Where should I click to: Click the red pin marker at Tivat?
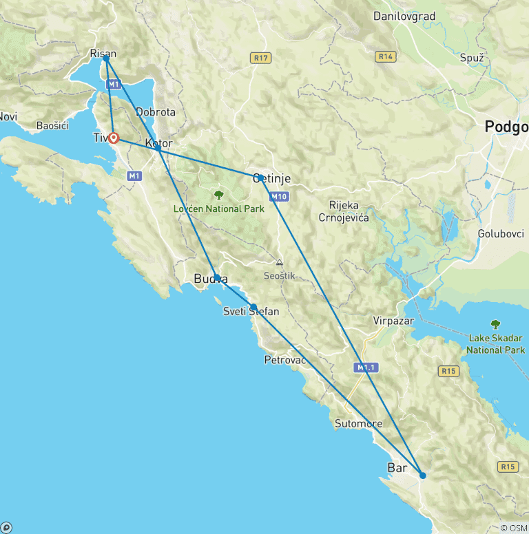coord(114,138)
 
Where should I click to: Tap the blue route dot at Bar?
coord(423,475)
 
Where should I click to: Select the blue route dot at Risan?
coord(105,58)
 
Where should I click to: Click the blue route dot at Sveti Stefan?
coord(253,307)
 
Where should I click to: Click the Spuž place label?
coord(472,58)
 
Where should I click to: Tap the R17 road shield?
coord(260,58)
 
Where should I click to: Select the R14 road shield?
coord(386,56)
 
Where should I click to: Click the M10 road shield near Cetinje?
coord(277,197)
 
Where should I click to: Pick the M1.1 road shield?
coord(366,368)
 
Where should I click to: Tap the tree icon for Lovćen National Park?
coord(219,195)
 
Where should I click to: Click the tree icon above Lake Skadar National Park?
coord(495,324)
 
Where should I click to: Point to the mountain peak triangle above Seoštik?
coord(279,262)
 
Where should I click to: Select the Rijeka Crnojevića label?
coord(349,211)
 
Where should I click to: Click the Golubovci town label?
coord(501,234)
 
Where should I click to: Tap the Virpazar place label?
coord(393,320)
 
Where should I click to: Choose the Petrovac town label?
coord(285,360)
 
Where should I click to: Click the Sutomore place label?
coord(358,423)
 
